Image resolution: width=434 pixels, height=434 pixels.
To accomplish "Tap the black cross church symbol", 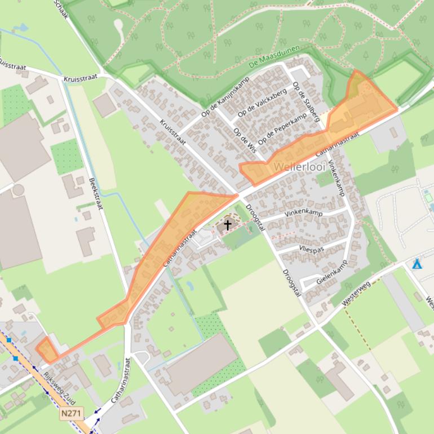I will [x=228, y=225].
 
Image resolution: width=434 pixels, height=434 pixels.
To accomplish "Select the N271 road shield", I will [x=72, y=413].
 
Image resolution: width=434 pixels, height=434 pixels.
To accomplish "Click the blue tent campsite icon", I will [x=417, y=264].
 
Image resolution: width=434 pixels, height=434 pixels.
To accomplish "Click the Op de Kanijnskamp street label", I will [x=225, y=97].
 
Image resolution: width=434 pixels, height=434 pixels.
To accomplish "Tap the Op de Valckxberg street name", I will [x=262, y=103].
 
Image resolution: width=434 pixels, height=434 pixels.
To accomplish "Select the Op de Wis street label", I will [x=245, y=140].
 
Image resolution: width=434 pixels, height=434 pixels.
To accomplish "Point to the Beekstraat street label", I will [x=95, y=194].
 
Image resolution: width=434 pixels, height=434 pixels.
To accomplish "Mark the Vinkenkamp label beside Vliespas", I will [x=303, y=213].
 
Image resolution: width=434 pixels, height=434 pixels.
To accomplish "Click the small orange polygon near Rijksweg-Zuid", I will [x=47, y=351].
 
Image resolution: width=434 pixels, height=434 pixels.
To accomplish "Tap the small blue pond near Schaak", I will [x=23, y=27].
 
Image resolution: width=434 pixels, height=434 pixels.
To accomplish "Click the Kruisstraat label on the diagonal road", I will [x=172, y=132].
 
